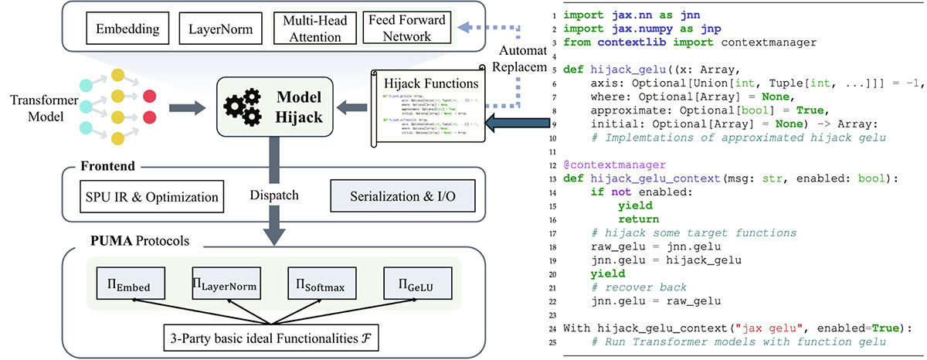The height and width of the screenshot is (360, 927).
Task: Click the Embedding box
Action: tap(128, 29)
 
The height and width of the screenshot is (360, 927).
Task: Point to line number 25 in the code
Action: tap(555, 341)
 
